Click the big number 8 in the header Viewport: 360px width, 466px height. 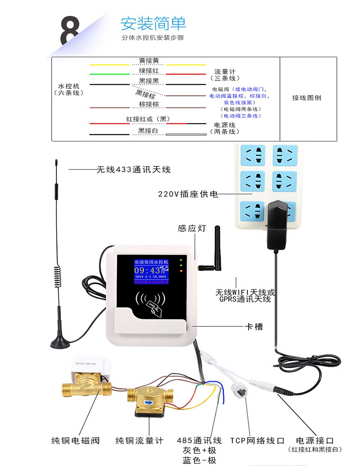pyautogui.click(x=69, y=31)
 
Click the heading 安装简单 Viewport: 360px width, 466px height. pyautogui.click(x=153, y=24)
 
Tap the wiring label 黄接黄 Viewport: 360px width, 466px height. pyautogui.click(x=149, y=61)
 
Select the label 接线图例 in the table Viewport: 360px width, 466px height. pyautogui.click(x=307, y=98)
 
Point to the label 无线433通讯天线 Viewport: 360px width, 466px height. pyautogui.click(x=134, y=169)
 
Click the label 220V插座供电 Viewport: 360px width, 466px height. pyautogui.click(x=188, y=194)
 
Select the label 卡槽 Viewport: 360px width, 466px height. pyautogui.click(x=254, y=326)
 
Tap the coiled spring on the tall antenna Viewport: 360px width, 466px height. pyautogui.click(x=57, y=276)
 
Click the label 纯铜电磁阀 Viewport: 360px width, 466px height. pyautogui.click(x=76, y=441)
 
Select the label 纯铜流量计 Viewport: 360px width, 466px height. pyautogui.click(x=139, y=441)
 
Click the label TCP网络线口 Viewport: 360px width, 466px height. pyautogui.click(x=257, y=441)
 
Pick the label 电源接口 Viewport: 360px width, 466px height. pyautogui.click(x=314, y=441)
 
